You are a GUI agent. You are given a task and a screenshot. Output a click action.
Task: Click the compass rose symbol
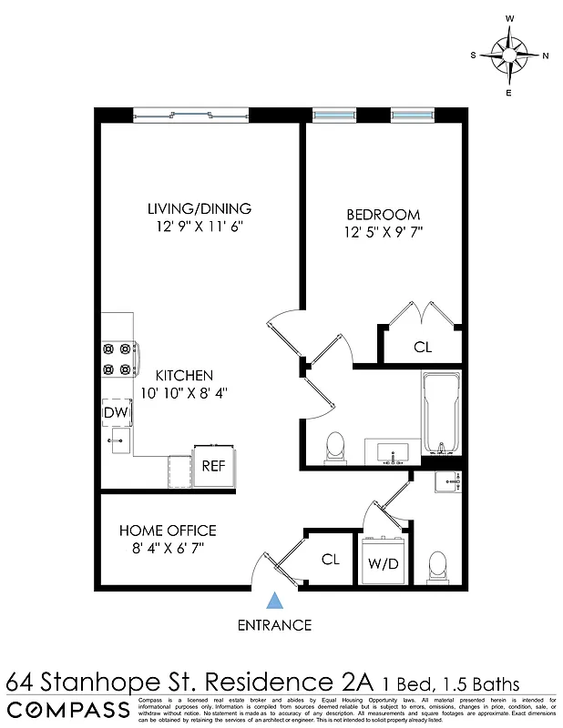[x=509, y=55]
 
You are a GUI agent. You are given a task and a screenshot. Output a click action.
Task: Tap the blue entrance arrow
[x=274, y=601]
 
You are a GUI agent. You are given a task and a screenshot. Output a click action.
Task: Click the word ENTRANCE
[x=274, y=625]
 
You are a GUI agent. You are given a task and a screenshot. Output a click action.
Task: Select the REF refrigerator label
[x=213, y=466]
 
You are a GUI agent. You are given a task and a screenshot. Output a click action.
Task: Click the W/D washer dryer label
[x=383, y=562]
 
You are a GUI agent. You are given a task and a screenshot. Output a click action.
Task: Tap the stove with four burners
[x=119, y=358]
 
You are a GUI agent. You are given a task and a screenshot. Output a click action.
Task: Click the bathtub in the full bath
[x=442, y=415]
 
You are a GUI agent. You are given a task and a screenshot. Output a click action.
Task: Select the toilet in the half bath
[x=437, y=567]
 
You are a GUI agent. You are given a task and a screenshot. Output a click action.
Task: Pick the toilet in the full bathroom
[x=335, y=447]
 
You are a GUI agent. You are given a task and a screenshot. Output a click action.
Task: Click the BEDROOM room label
[x=383, y=215]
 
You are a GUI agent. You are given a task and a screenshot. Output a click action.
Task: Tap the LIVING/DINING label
[x=200, y=208]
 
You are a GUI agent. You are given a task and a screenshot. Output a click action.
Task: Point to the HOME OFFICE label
[x=168, y=531]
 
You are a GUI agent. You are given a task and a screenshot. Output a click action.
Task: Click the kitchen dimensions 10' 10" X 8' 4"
[x=184, y=393]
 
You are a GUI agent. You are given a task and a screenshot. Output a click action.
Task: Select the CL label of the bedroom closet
[x=422, y=347]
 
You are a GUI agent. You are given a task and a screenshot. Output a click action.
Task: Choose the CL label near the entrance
[x=330, y=560]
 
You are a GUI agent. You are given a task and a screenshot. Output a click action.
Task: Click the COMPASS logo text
[x=68, y=710]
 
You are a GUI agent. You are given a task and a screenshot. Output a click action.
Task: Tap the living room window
[x=191, y=115]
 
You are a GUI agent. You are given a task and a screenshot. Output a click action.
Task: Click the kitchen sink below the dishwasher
[x=118, y=443]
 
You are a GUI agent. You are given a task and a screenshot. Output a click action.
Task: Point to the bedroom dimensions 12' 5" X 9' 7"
[x=384, y=232]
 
